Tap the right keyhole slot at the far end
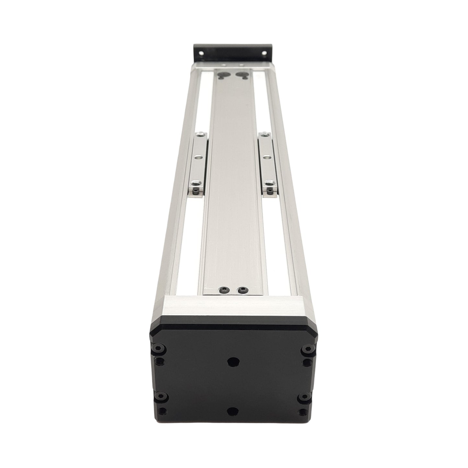pos(241,76)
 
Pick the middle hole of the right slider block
pos(266,157)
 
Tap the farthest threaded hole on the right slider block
pos(264,134)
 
